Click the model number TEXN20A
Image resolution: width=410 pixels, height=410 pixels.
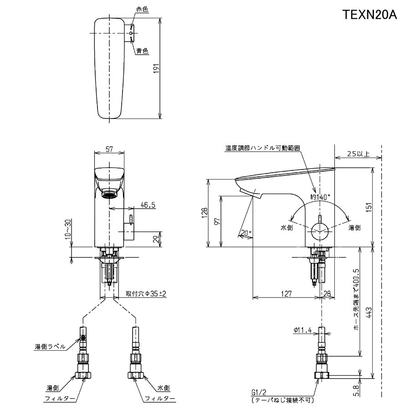click(370, 15)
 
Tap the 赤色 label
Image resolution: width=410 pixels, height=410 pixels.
click(142, 9)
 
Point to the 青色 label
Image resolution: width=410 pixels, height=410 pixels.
click(142, 51)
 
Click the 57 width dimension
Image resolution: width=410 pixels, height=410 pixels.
click(109, 149)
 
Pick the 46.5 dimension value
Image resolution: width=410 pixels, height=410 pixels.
click(148, 205)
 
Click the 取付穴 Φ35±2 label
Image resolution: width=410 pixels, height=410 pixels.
click(146, 294)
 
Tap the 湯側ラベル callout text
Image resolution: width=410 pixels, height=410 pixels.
click(50, 347)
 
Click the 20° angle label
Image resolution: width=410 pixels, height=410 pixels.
click(246, 233)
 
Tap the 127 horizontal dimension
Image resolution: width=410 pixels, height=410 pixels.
click(286, 294)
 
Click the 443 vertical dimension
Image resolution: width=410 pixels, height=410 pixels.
click(369, 312)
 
